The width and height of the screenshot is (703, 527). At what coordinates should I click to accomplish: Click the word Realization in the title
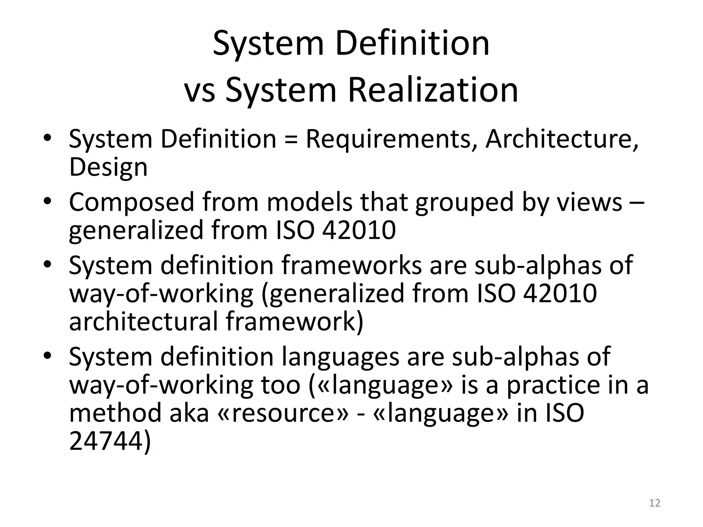tap(433, 90)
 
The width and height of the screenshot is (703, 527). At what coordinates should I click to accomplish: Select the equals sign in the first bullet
tap(291, 139)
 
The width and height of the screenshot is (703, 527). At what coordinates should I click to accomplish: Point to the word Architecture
tap(562, 139)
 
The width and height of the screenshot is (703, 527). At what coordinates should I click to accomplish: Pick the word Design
tap(108, 167)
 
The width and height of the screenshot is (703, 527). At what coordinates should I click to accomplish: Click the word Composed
tap(131, 202)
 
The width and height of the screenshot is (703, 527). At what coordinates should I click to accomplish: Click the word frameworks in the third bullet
tap(351, 265)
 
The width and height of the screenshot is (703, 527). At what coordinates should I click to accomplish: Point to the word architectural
tap(143, 321)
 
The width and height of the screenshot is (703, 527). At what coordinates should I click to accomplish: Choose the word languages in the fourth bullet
tap(341, 356)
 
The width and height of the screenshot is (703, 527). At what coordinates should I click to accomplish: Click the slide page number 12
tap(655, 503)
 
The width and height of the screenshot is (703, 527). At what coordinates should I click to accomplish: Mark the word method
tap(115, 413)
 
